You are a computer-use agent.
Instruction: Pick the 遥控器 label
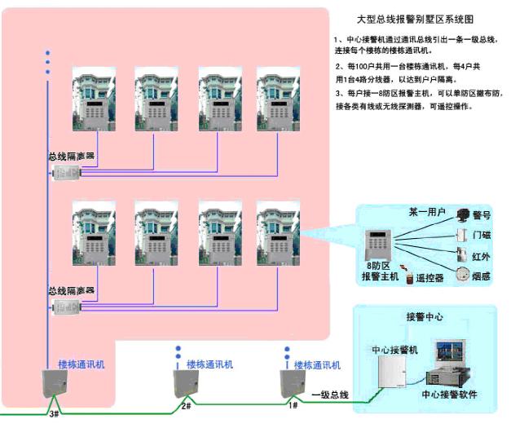[429, 278]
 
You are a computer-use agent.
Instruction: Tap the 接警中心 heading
[424, 316]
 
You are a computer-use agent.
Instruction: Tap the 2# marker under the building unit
[186, 405]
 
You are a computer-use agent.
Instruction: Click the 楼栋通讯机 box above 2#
[184, 382]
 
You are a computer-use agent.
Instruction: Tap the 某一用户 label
[426, 212]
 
